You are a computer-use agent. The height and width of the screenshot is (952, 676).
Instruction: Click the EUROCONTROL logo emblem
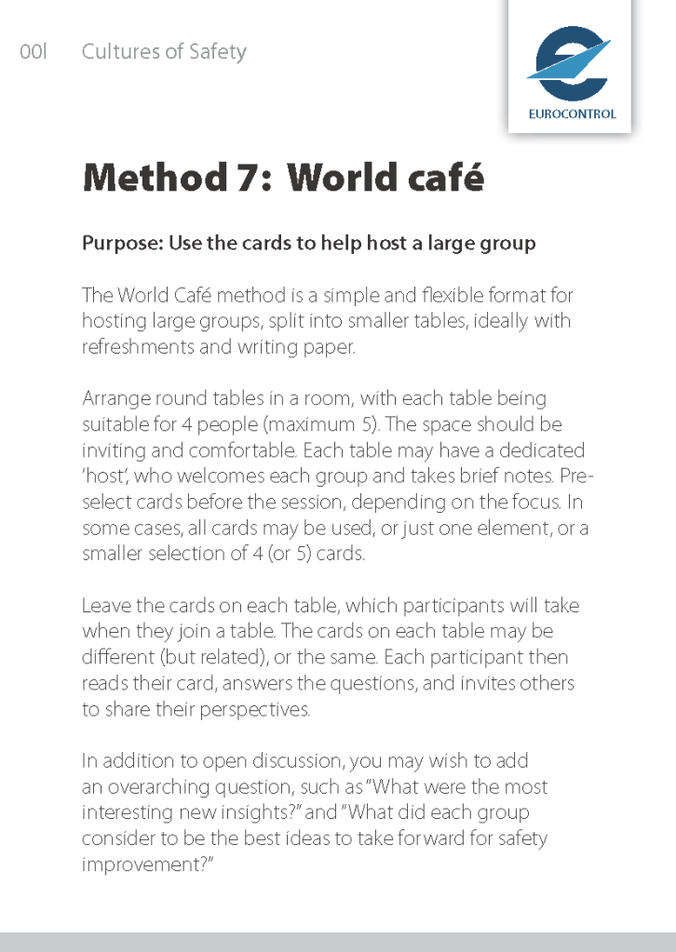(569, 63)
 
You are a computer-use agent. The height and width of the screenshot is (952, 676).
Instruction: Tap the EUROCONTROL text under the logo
(572, 114)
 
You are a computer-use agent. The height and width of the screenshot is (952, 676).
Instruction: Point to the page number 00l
(33, 52)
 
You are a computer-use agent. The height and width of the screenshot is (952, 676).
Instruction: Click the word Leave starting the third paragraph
(104, 606)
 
